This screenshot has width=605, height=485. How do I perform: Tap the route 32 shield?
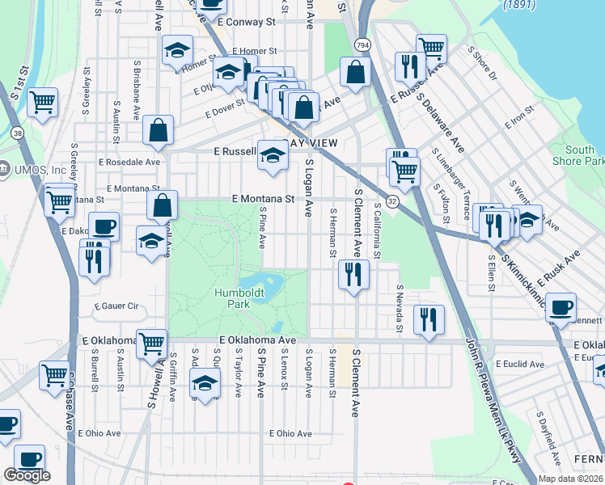pos(391,201)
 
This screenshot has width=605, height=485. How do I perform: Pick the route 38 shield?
pos(18,132)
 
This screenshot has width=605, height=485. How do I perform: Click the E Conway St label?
pos(246,23)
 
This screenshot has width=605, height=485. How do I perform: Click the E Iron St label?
pos(519,117)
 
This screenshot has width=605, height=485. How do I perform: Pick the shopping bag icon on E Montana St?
pos(163,205)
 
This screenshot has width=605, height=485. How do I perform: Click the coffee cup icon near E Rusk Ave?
pos(561,306)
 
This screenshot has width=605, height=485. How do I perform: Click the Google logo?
pos(27,475)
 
